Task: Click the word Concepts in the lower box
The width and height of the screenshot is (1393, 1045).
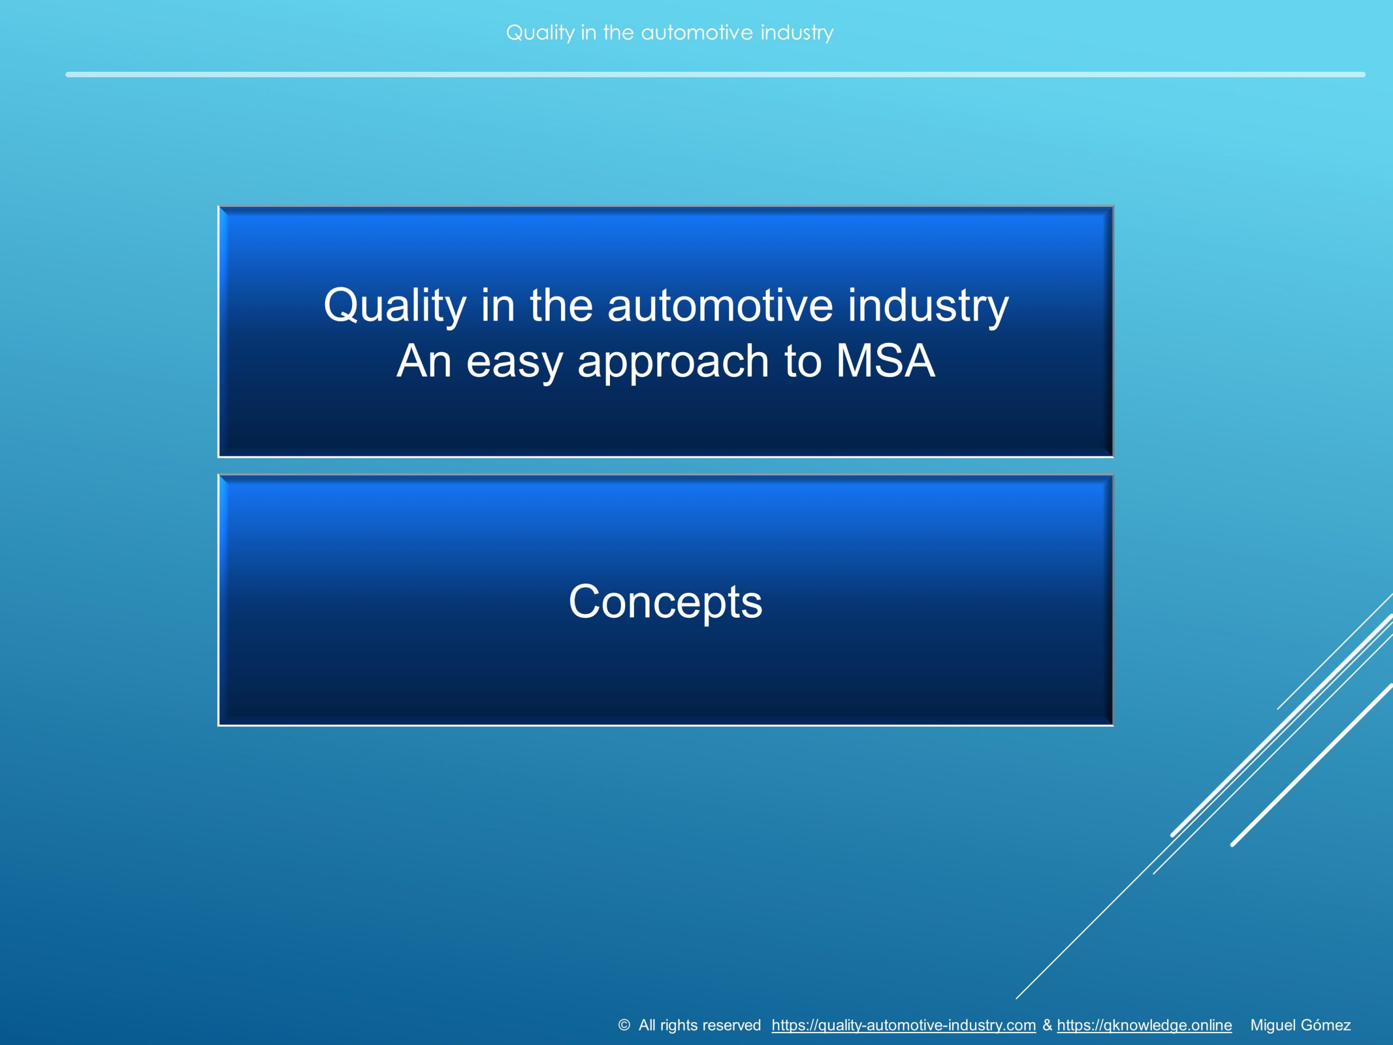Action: click(665, 602)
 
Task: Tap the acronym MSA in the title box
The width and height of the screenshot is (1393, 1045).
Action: click(885, 361)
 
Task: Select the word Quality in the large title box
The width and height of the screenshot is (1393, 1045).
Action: click(395, 305)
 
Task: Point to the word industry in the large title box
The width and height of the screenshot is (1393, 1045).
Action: click(928, 305)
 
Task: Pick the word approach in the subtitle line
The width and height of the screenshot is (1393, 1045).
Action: click(673, 362)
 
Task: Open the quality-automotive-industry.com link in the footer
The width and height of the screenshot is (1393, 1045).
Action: click(903, 1025)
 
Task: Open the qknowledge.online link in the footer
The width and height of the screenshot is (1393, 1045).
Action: click(1144, 1025)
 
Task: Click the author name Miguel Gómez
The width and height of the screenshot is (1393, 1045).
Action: click(1300, 1025)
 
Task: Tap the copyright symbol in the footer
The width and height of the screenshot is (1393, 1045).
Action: click(624, 1025)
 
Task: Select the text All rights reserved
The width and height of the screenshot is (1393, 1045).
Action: click(699, 1025)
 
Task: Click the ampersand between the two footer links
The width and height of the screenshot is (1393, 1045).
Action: click(1046, 1025)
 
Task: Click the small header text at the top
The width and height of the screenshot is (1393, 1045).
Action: click(669, 33)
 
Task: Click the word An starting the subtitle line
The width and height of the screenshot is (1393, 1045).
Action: click(423, 361)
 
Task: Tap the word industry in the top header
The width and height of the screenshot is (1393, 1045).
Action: click(797, 33)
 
